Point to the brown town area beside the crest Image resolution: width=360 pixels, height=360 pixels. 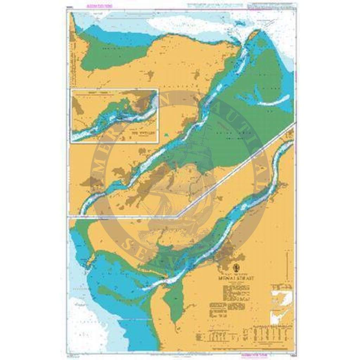(x=225, y=251)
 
